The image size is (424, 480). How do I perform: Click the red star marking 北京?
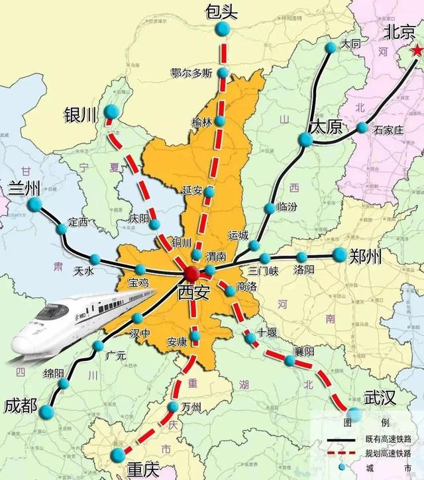pyautogui.click(x=416, y=50)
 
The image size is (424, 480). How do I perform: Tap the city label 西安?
pyautogui.click(x=192, y=292)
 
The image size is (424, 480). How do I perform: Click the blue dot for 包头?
pyautogui.click(x=223, y=29)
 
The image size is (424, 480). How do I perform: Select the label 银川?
pyautogui.click(x=81, y=116)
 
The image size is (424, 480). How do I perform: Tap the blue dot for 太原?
pyautogui.click(x=305, y=139)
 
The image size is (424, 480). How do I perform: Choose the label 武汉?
pyautogui.click(x=380, y=398)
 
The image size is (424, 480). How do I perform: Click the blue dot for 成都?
pyautogui.click(x=46, y=412)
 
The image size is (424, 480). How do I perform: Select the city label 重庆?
pyautogui.click(x=142, y=469)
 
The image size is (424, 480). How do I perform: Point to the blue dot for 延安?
pyautogui.click(x=209, y=192)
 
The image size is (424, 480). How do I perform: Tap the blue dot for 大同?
pyautogui.click(x=331, y=47)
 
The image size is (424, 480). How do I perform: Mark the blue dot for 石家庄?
pyautogui.click(x=362, y=128)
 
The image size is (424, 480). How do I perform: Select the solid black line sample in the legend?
pyautogui.click(x=344, y=440)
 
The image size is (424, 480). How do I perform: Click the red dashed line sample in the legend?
pyautogui.click(x=344, y=454)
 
